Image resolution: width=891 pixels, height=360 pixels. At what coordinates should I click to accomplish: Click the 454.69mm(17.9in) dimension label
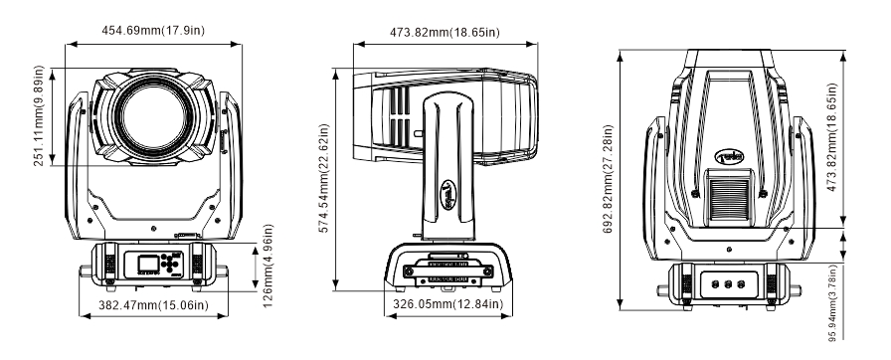click(153, 31)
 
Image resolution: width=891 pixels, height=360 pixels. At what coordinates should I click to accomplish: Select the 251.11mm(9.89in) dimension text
click(39, 115)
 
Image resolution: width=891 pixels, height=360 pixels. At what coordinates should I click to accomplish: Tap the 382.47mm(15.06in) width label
click(153, 305)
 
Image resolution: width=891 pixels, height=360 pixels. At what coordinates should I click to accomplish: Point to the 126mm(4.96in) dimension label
click(268, 266)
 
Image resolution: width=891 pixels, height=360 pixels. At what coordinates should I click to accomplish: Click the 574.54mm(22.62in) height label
click(324, 178)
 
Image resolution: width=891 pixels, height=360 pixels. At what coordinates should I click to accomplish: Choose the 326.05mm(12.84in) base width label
click(448, 304)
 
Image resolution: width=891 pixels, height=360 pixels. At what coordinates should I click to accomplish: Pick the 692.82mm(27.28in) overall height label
click(608, 179)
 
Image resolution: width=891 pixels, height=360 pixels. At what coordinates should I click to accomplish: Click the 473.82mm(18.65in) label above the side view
click(445, 33)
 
